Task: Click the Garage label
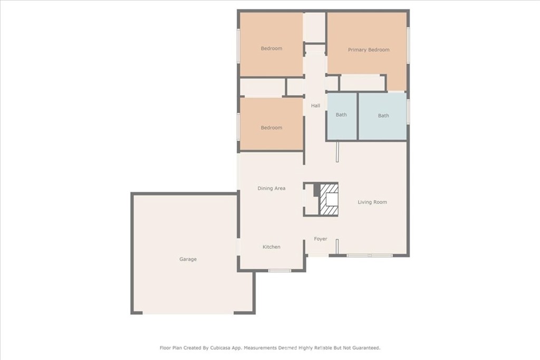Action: coord(188,259)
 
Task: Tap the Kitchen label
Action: coord(272,247)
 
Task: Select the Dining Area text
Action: coord(272,188)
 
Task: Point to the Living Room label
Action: coord(372,202)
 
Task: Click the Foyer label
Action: coord(321,239)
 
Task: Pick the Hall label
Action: coord(315,105)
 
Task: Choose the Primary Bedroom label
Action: coord(369,50)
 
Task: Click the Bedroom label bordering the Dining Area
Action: coord(272,128)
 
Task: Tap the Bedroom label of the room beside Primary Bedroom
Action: coord(272,48)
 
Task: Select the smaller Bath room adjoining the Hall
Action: coord(341,115)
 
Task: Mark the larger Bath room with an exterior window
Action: coord(383,116)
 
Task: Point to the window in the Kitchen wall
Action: coord(279,271)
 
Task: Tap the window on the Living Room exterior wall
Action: coord(369,256)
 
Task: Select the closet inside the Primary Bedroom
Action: coord(362,83)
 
